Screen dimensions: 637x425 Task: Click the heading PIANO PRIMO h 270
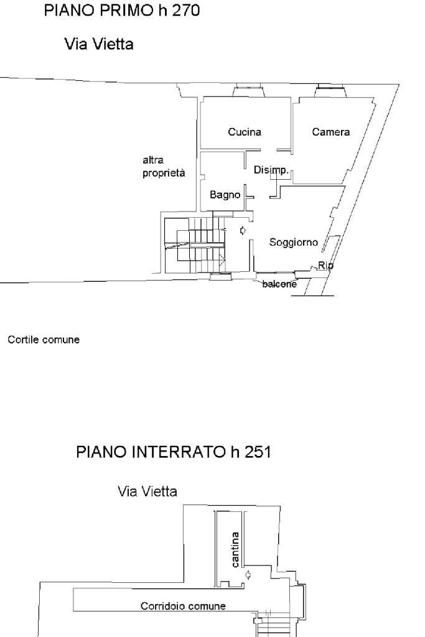click(x=121, y=11)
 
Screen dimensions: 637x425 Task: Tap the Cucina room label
click(x=245, y=132)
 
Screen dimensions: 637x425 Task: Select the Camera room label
click(x=331, y=132)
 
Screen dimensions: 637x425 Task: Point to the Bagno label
click(x=225, y=195)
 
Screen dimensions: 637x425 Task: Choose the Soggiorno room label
click(x=294, y=242)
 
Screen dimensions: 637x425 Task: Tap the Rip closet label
click(x=325, y=266)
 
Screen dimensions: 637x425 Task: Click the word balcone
click(x=279, y=284)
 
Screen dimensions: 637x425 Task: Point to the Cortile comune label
click(x=44, y=340)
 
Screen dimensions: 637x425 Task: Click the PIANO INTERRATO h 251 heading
click(x=173, y=452)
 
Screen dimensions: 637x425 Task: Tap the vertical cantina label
click(x=235, y=549)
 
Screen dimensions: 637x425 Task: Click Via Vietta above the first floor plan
click(x=99, y=45)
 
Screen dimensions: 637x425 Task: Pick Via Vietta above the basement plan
click(x=147, y=491)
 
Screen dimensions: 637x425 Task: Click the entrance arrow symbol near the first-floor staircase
click(x=243, y=231)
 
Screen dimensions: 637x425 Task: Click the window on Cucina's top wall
click(x=250, y=92)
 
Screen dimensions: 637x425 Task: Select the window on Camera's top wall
click(x=330, y=91)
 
